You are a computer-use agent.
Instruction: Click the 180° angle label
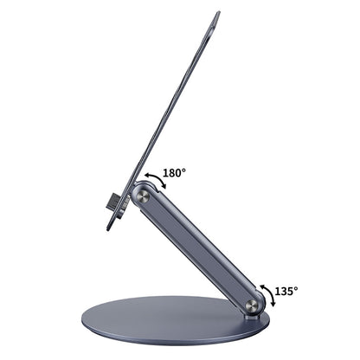click(174, 173)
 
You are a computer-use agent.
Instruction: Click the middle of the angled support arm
click(197, 252)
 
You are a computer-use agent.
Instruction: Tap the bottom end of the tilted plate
click(109, 228)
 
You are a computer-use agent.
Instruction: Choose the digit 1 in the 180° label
click(165, 173)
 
